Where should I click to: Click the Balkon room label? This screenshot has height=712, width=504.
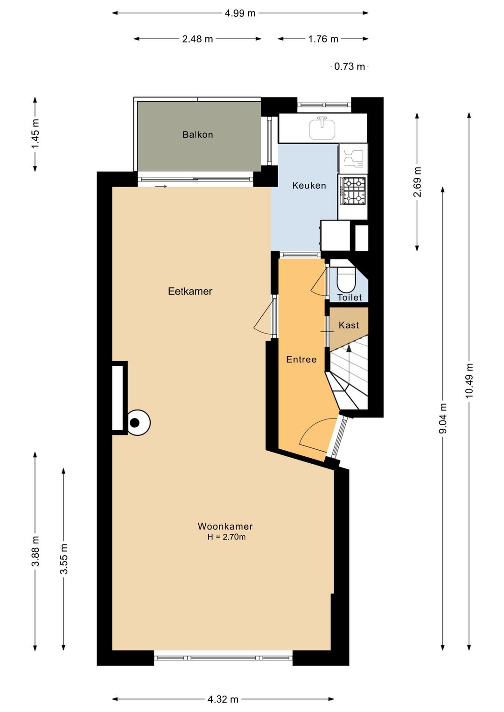[197, 135]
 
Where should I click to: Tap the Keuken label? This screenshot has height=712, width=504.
[309, 186]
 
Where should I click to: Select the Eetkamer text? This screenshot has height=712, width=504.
[190, 291]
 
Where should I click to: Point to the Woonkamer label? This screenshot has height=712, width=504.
[225, 526]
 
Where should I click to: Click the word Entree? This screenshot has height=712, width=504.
[301, 359]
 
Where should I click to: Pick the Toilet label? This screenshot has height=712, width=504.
[350, 298]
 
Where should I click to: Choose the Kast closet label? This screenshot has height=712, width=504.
[349, 325]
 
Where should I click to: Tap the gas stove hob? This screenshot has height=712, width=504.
[353, 191]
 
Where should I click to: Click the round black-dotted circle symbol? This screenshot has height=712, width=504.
[139, 423]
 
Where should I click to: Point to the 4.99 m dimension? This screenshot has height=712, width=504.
[240, 13]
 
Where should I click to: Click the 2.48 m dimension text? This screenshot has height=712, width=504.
[197, 39]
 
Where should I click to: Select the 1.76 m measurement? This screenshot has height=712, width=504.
[323, 39]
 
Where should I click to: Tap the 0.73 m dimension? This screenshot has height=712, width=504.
[350, 66]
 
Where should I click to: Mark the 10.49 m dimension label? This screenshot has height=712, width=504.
[469, 380]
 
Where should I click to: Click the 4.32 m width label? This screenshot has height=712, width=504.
[223, 699]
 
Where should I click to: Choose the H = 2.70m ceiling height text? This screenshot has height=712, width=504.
[226, 537]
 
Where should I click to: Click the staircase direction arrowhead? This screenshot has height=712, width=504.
[349, 349]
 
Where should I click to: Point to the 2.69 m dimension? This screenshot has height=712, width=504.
[417, 182]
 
